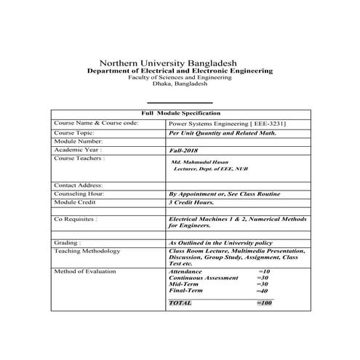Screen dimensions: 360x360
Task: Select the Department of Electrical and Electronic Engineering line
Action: [180, 71]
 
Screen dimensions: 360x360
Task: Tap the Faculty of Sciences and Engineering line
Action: [180, 78]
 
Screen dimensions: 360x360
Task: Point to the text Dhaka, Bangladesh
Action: [180, 84]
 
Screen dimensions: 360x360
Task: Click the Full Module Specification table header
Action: [180, 114]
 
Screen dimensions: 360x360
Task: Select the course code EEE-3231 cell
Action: [226, 124]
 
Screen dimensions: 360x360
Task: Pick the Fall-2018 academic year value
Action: [183, 150]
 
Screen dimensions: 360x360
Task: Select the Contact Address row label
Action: [78, 185]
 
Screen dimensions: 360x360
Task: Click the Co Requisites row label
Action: [76, 219]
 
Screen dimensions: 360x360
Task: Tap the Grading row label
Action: [68, 243]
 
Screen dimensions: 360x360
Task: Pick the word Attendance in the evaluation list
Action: [185, 271]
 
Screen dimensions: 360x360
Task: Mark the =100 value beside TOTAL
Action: [264, 302]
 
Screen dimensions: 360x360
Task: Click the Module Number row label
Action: [77, 140]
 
